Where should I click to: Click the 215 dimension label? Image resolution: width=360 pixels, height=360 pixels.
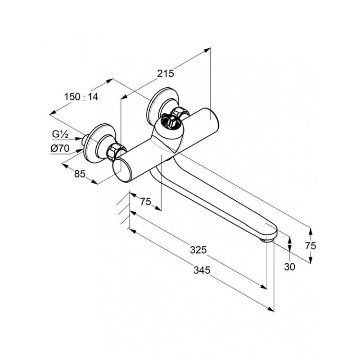(166, 74)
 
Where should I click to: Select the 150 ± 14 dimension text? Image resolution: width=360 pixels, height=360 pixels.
(81, 96)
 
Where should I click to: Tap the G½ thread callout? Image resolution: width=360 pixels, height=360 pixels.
(60, 134)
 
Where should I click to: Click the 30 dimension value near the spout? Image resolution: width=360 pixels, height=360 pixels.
(290, 267)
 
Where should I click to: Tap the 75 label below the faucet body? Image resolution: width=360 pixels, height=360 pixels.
(145, 202)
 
